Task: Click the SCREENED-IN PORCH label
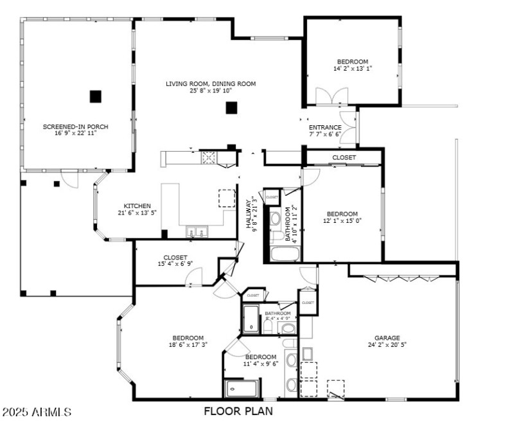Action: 75,127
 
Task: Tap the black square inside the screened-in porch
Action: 95,96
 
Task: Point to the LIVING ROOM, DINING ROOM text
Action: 211,84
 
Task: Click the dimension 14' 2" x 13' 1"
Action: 353,68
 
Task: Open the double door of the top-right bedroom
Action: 332,97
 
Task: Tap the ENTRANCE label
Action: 325,127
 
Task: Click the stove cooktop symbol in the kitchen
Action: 209,157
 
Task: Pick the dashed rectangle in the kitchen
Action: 227,198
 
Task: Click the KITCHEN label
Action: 137,206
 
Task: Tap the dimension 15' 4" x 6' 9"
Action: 175,264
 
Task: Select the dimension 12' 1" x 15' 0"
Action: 342,222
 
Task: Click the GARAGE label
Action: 387,338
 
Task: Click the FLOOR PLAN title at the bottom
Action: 238,411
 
